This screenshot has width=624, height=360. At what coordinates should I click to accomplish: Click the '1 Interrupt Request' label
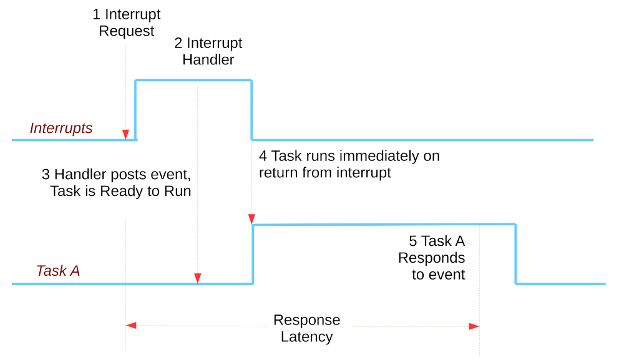tap(127, 22)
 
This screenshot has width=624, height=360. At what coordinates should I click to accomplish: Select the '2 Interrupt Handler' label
tap(208, 52)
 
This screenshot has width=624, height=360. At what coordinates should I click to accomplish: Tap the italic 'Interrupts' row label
tap(61, 129)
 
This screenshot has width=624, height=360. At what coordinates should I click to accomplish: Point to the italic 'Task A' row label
tap(58, 271)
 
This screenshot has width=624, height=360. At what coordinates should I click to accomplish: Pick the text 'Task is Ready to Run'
tap(120, 191)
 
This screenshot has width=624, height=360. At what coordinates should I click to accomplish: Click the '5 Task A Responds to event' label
tap(437, 258)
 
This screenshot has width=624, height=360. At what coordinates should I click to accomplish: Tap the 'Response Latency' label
tap(306, 328)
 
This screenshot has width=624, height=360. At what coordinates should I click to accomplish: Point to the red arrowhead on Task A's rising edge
tap(252, 219)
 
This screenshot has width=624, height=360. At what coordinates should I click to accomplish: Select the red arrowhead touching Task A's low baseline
tap(198, 278)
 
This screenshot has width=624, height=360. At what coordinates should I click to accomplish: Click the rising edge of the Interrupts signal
tap(136, 110)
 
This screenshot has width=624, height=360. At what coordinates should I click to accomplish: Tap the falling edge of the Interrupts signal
tap(252, 110)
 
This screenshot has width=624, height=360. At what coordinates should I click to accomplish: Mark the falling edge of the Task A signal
tap(515, 254)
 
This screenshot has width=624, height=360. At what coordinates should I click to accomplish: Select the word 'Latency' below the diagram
tap(306, 338)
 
